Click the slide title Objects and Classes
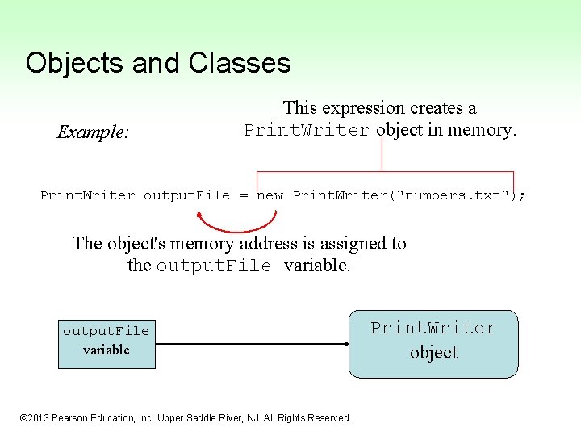coord(157,62)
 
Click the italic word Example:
coord(92,132)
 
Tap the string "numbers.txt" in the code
coord(453,195)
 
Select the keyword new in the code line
coord(270,195)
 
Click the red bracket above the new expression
coord(384,171)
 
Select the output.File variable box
coord(107,341)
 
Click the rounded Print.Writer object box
coord(433,343)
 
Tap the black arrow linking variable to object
coord(250,344)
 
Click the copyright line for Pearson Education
coord(185,417)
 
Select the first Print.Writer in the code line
coord(87,195)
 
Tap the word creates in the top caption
coord(440,107)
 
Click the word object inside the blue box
coord(433,353)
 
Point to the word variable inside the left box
coord(107,350)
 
